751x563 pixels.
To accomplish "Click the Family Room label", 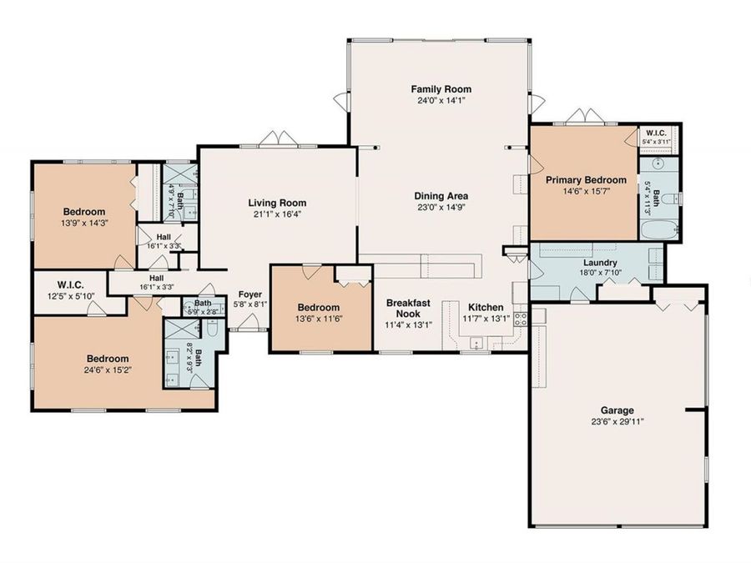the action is [441, 89].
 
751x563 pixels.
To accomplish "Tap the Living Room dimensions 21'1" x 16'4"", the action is [277, 214].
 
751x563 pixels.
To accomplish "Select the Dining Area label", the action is [441, 196].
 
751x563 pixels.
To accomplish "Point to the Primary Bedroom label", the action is [587, 180].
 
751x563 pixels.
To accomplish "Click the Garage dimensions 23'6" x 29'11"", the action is [617, 422].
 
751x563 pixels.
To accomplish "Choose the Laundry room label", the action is [600, 263].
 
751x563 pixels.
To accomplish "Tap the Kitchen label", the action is [486, 307].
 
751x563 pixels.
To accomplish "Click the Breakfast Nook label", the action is [408, 309].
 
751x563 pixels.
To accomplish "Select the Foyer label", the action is [250, 294].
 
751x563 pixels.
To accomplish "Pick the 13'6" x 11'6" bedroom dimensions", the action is [319, 319].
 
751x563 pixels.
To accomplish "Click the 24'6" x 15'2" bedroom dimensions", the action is [108, 369].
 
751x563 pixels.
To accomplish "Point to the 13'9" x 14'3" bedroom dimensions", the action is [85, 222].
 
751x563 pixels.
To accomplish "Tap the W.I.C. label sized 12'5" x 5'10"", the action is [71, 285].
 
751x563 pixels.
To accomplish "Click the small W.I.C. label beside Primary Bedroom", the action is [656, 133].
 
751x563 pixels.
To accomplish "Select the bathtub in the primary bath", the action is [659, 230].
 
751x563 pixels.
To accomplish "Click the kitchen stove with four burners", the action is [521, 319].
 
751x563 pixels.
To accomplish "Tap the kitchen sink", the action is [476, 344].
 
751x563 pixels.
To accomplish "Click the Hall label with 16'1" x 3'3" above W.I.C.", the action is [157, 278].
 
